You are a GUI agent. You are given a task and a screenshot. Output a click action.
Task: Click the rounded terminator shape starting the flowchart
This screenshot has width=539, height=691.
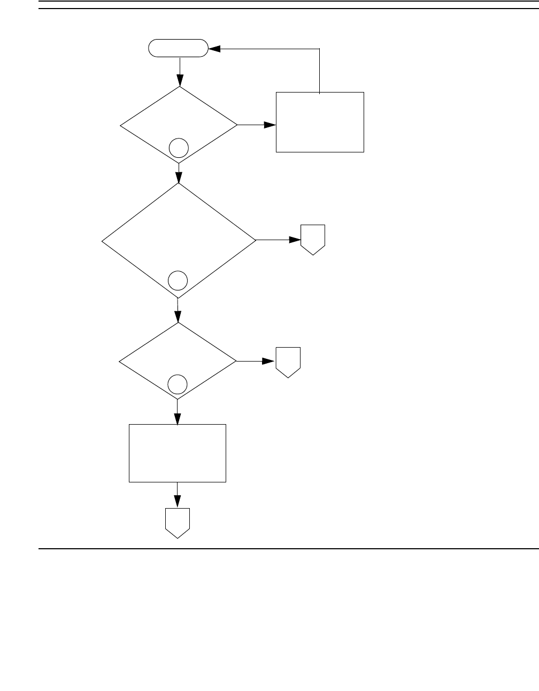coord(178,49)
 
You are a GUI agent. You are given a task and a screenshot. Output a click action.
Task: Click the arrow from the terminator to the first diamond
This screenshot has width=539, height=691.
coord(180,72)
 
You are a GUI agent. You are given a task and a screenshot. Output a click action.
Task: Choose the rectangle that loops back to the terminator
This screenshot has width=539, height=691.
coord(320,122)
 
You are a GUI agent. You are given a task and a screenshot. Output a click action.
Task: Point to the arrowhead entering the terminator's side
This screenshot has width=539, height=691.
coord(213,49)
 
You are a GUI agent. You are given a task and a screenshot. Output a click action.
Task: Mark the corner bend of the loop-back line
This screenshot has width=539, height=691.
coord(319,49)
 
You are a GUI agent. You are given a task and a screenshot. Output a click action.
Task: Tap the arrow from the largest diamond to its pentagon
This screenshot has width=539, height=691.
coord(278,240)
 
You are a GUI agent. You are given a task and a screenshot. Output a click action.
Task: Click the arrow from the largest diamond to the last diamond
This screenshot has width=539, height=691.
coord(178,310)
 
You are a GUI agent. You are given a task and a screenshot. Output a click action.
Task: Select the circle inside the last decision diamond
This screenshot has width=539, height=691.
coord(178,383)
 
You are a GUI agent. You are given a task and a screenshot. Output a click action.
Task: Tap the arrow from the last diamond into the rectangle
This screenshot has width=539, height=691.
coord(177,412)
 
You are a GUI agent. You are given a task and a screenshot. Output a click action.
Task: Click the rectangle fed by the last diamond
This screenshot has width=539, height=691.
coord(178,453)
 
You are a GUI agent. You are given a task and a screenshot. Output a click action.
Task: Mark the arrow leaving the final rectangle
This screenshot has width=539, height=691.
coord(177,495)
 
